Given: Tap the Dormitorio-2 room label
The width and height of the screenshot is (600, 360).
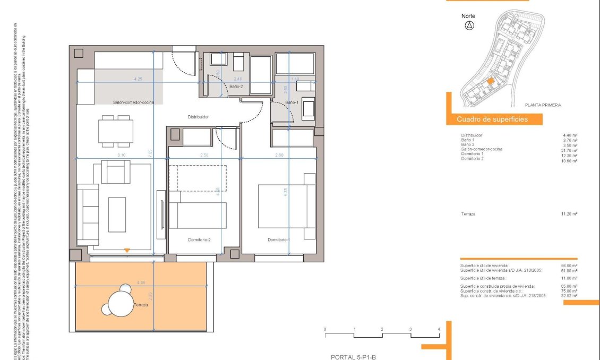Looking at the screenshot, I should (199, 240).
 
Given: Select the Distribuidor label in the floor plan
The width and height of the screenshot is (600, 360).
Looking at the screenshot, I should (198, 117).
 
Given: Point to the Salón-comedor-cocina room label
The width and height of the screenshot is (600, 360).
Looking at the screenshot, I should (133, 102).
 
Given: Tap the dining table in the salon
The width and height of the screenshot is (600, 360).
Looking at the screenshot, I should (116, 131).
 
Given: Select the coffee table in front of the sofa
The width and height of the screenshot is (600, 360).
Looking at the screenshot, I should (116, 214).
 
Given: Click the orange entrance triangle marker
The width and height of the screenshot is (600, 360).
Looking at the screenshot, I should (126, 250).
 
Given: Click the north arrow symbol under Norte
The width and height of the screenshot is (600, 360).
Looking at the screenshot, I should (469, 25).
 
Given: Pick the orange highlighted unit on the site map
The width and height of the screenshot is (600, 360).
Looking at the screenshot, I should (491, 81).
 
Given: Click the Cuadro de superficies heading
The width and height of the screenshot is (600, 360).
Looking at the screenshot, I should (492, 119).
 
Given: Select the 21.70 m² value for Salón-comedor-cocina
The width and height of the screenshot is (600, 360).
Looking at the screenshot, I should (570, 150).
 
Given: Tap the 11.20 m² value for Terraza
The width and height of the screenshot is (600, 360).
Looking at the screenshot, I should (569, 213).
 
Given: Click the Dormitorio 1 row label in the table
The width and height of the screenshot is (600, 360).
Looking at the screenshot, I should (473, 154).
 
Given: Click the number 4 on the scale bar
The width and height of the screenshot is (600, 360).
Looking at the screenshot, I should (439, 330).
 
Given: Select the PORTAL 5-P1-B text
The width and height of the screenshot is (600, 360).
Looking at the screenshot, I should (353, 357).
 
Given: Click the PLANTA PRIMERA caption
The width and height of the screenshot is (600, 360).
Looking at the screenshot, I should (542, 105).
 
